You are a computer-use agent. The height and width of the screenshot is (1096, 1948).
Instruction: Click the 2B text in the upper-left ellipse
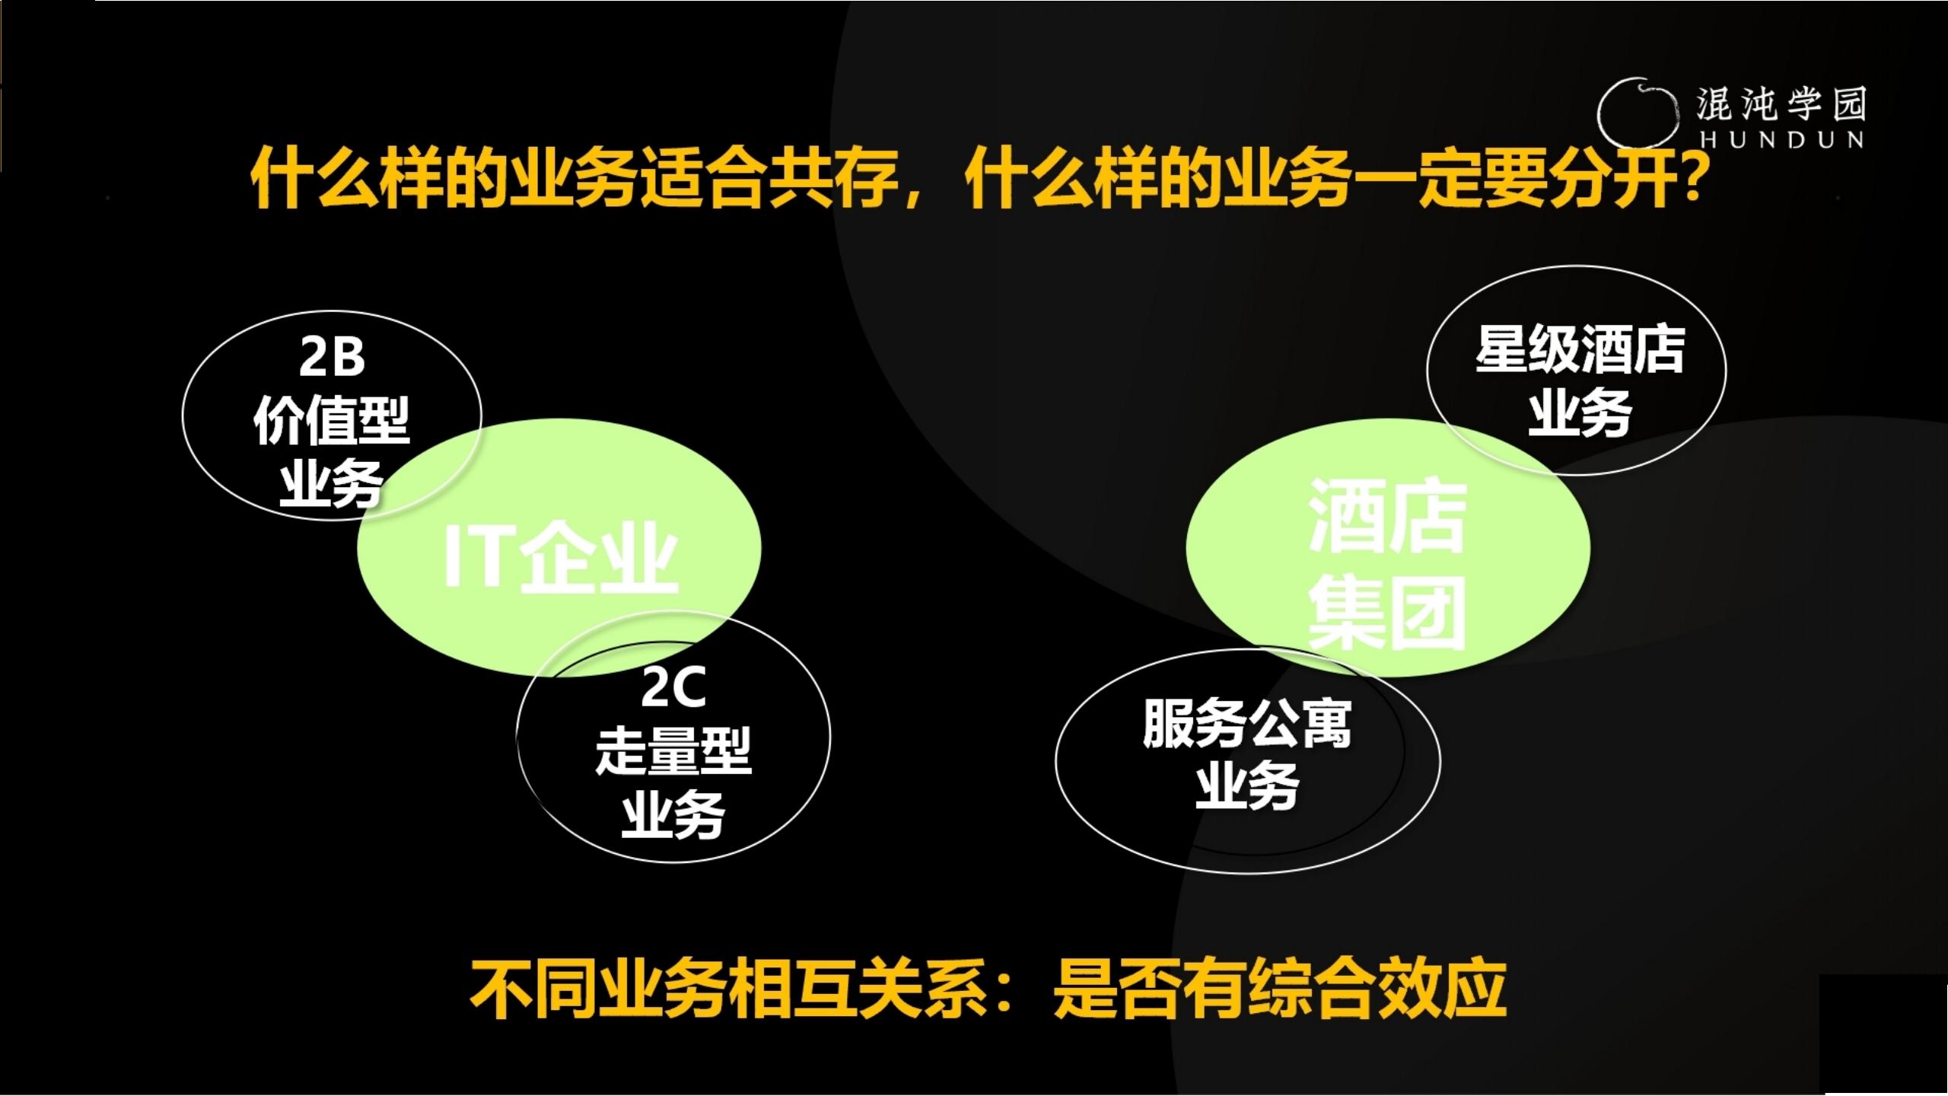(332, 357)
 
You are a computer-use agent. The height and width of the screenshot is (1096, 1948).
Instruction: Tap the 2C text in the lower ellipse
(673, 687)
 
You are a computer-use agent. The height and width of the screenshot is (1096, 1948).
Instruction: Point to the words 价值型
(332, 420)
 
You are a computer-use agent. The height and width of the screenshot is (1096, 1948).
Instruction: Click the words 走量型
(673, 751)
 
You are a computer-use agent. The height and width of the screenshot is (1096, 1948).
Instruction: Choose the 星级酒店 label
(1580, 351)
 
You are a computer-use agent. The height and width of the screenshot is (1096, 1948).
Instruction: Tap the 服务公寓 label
(1247, 724)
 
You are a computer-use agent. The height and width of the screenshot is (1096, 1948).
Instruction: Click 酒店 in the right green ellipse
(1387, 518)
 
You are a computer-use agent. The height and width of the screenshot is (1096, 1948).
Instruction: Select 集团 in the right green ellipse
(1387, 613)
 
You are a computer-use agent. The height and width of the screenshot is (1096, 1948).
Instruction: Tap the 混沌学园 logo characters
(1781, 104)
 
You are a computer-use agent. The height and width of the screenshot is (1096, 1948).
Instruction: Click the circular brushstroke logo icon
(1636, 113)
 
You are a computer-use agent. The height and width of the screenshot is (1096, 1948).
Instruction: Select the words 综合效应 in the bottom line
(1377, 989)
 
